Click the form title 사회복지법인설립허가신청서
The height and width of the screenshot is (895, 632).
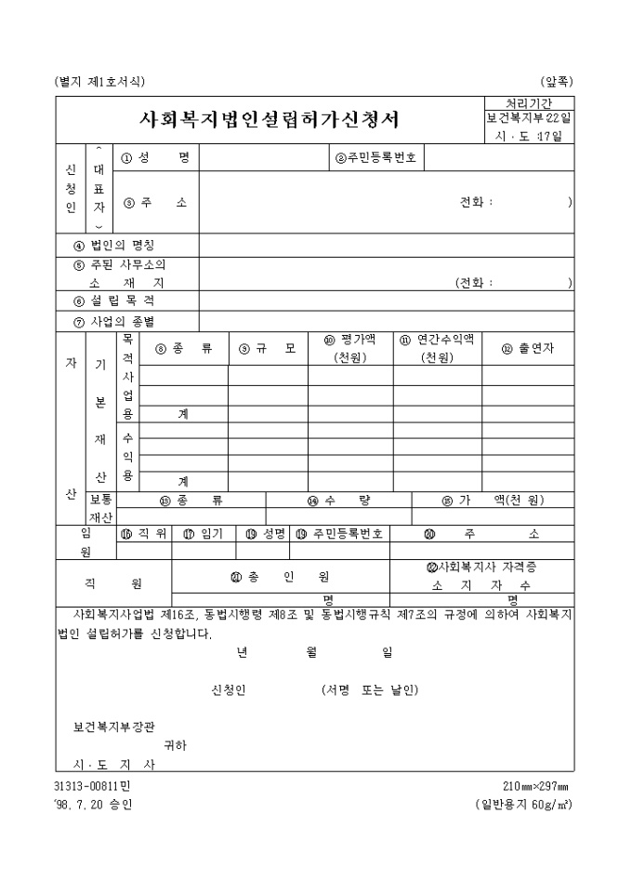269,119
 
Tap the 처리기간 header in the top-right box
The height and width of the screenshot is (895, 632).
527,102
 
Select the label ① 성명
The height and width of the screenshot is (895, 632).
155,158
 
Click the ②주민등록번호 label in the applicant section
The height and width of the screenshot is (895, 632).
378,158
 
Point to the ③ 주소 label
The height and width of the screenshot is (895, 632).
155,202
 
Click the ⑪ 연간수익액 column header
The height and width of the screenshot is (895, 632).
437,348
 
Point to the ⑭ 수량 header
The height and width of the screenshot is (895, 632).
339,500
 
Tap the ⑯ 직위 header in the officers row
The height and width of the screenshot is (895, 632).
143,534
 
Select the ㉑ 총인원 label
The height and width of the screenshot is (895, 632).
280,577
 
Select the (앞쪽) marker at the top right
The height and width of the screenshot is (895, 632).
556,82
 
